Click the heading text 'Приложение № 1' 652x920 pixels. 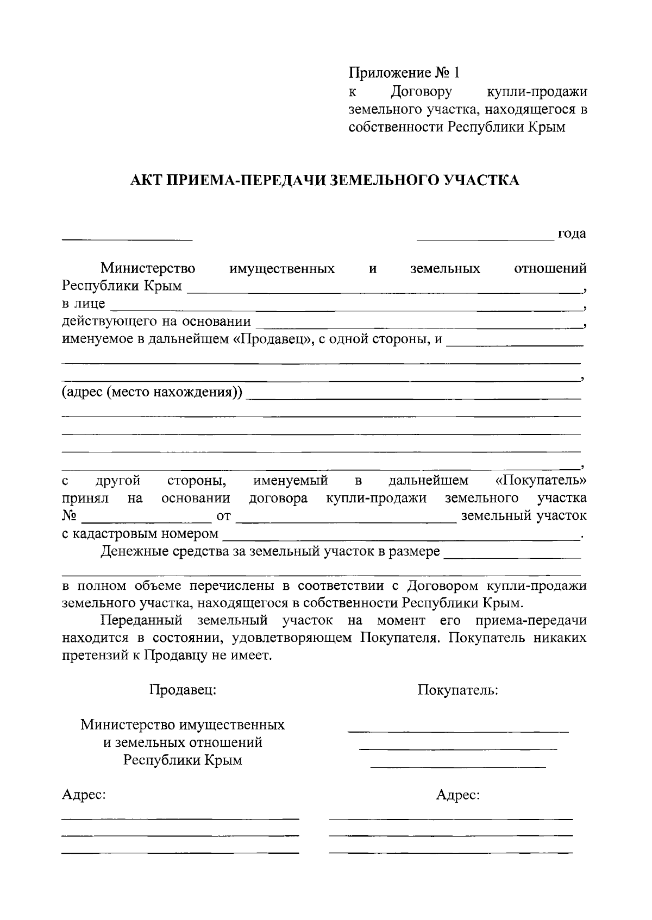404,73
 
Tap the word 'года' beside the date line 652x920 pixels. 572,234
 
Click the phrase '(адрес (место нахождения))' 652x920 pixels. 152,392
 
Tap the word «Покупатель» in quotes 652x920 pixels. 541,481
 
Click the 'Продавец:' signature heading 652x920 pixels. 183,690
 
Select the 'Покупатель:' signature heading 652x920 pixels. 458,690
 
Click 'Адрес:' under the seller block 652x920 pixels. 84,795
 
